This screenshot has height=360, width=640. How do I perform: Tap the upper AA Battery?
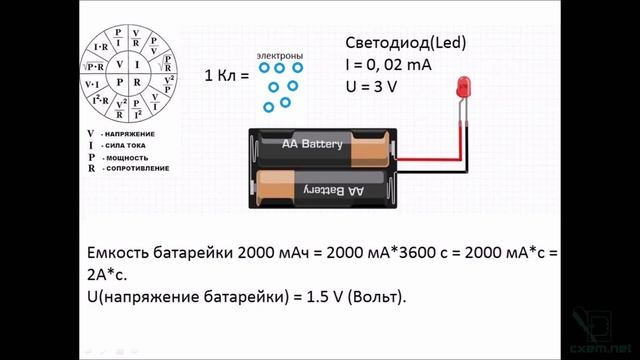click(x=312, y=146)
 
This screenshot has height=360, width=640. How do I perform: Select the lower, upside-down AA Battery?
click(x=315, y=188)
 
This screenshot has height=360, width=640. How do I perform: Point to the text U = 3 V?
click(x=372, y=87)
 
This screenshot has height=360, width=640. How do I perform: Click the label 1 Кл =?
click(x=225, y=76)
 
